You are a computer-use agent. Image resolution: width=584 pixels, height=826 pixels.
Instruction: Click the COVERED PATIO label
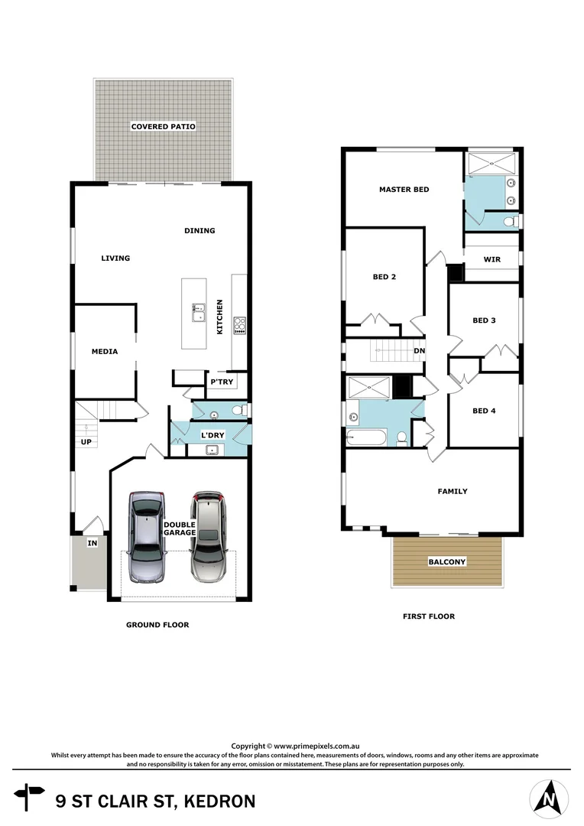pos(163,126)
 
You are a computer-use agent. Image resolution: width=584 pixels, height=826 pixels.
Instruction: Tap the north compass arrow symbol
pos(548,798)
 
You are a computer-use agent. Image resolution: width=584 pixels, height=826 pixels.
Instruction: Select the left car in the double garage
pos(147,537)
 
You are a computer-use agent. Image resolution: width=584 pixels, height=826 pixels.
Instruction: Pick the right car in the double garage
pos(209,537)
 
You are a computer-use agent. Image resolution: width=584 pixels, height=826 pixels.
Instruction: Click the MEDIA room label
pos(105,352)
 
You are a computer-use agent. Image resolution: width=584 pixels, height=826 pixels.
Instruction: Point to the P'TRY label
pos(222,382)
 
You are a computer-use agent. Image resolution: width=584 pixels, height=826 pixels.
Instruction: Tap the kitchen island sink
pos(199,313)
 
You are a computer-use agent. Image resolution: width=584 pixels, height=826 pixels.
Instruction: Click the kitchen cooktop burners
pos(239,326)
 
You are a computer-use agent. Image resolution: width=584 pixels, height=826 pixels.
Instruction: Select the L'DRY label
pos(212,435)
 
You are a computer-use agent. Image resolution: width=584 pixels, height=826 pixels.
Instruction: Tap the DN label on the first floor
pos(419,352)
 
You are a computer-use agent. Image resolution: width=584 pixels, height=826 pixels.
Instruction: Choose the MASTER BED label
pos(404,190)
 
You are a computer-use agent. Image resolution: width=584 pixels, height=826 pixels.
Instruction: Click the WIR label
pos(492,259)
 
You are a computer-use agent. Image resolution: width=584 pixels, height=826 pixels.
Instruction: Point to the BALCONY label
pos(446,561)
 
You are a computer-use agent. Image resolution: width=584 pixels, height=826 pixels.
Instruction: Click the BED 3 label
pos(484,320)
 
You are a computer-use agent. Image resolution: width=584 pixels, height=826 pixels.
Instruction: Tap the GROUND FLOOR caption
pos(157,625)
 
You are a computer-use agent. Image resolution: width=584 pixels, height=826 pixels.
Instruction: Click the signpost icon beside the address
pos(30,795)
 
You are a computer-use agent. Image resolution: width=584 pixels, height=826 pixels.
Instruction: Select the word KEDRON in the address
pos(218,802)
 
